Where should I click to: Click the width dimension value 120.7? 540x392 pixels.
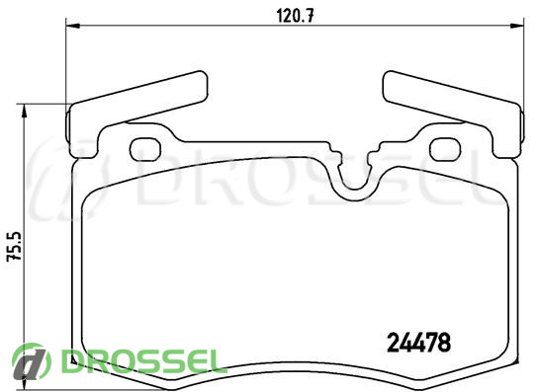point(295,16)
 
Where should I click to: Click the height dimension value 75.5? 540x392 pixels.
point(15,247)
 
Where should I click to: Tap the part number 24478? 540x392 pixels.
point(418,343)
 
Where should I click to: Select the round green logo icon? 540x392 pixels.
point(31,361)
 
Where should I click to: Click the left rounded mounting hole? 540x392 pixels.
point(145,149)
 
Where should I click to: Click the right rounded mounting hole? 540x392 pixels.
point(445,149)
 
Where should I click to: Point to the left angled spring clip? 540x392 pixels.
point(137,98)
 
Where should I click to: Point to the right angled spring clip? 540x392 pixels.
point(453,98)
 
